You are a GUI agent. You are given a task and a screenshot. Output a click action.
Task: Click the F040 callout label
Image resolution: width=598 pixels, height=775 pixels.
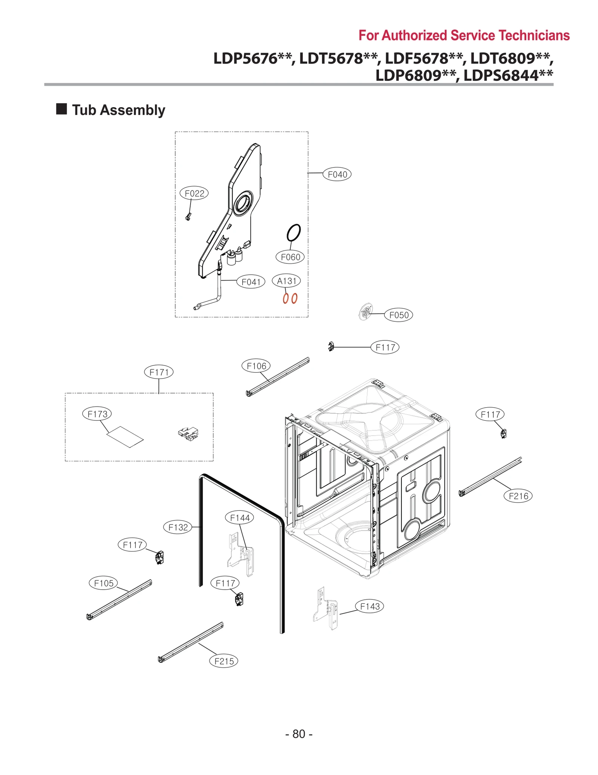coord(337,174)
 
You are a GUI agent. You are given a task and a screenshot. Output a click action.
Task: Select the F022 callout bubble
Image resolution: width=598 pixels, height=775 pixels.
coord(194,193)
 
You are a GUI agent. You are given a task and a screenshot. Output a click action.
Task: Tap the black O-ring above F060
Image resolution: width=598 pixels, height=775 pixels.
coord(293,233)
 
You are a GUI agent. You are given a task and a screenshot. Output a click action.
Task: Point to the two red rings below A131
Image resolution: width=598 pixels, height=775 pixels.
coord(290,298)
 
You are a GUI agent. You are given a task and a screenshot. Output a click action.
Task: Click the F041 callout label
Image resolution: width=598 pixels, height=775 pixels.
coord(251,282)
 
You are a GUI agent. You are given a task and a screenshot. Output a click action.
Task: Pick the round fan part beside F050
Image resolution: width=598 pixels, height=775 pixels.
coord(366,312)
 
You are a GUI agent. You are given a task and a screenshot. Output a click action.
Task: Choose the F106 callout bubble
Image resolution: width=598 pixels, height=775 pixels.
coord(256,366)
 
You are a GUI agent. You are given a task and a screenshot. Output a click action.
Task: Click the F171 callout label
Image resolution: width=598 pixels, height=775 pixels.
coord(159,372)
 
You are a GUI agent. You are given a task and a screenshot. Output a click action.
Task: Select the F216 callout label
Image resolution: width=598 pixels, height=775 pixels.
coord(518,496)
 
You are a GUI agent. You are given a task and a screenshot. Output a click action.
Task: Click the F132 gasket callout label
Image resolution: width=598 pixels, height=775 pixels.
coord(178,527)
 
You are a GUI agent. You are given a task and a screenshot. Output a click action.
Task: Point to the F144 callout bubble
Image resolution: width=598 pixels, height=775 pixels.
coord(240,518)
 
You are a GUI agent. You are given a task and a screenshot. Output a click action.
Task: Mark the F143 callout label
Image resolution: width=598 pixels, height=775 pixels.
coord(369,606)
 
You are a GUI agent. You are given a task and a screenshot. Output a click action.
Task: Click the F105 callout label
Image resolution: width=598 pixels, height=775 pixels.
coord(104,583)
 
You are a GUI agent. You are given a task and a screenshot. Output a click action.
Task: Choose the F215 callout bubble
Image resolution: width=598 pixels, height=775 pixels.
coord(224,661)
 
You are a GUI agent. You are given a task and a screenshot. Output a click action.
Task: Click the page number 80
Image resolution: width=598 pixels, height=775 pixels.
coord(299,734)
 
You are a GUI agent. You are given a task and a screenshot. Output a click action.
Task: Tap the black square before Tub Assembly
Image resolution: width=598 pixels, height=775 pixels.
coord(61,109)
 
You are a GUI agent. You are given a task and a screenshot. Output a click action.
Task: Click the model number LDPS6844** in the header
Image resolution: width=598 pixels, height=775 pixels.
coord(508,75)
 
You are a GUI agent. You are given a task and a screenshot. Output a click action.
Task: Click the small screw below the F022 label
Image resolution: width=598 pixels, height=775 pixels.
coord(188,217)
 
